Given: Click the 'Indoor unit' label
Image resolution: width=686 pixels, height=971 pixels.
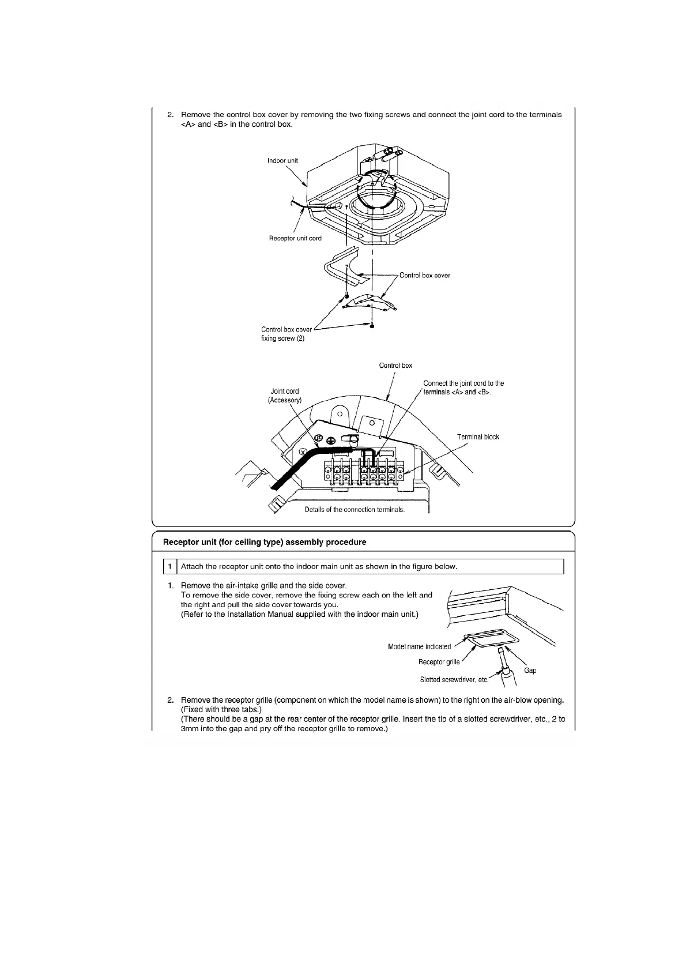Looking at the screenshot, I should (x=282, y=160).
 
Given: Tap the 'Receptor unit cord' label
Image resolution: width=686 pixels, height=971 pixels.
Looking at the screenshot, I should (x=295, y=238).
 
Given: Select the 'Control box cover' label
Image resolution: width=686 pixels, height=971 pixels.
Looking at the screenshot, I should (x=424, y=275).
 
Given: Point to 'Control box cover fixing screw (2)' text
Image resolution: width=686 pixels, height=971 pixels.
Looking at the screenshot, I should (x=286, y=334).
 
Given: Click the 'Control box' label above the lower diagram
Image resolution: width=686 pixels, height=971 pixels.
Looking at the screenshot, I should (x=395, y=366).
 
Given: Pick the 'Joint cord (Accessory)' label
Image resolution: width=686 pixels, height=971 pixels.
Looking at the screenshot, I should (x=285, y=396).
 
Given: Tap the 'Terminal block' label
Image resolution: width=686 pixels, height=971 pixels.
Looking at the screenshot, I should (x=478, y=437).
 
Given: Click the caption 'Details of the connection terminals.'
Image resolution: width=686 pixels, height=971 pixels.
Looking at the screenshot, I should (x=355, y=510).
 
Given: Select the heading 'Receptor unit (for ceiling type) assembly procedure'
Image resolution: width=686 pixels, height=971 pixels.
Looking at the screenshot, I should (x=265, y=542).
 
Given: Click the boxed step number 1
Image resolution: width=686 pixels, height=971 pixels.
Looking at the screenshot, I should (x=169, y=567).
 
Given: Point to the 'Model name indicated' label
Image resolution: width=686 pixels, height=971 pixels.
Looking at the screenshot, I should (x=419, y=646).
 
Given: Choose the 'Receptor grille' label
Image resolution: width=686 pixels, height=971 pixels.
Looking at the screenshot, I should (x=439, y=662).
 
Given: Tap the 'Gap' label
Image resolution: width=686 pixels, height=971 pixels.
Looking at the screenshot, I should (x=530, y=671).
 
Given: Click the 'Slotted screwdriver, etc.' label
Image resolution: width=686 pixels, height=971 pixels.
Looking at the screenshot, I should (x=454, y=680).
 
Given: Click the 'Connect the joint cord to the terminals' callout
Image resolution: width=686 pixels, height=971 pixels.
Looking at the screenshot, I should (x=463, y=387).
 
